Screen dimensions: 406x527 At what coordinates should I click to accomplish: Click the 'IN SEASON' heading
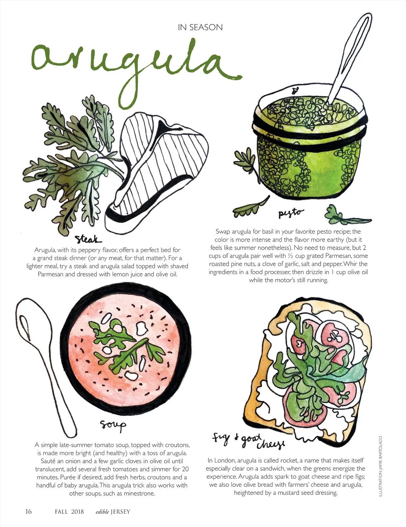[200, 27]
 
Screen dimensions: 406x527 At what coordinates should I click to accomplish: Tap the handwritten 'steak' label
[88, 239]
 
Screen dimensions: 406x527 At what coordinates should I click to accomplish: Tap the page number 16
[28, 511]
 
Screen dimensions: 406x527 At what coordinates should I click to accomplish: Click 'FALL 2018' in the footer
[69, 511]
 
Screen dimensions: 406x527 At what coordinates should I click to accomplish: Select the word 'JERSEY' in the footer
[120, 511]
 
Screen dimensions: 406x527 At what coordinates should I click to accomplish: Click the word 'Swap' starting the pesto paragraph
[223, 232]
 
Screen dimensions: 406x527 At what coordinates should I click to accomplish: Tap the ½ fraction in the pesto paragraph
[290, 256]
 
